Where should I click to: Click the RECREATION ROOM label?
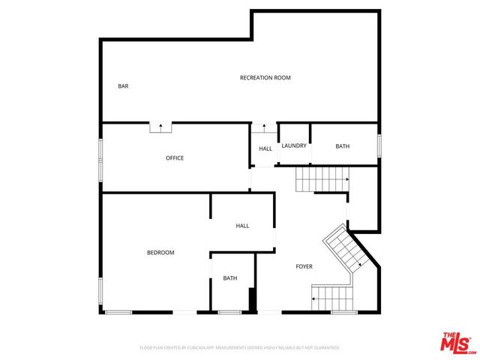click(x=265, y=78)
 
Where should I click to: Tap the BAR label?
click(x=123, y=86)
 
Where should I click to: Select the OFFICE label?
click(x=175, y=158)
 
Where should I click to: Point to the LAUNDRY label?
click(x=294, y=145)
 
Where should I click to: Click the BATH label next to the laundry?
click(x=342, y=146)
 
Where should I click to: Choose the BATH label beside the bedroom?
click(x=229, y=278)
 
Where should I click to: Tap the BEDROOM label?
click(x=160, y=253)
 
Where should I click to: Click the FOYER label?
click(x=304, y=266)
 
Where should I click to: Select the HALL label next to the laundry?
click(x=265, y=148)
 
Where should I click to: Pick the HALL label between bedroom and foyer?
click(x=242, y=226)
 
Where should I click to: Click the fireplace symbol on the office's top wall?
click(x=160, y=127)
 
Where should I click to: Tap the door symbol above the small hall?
click(x=263, y=127)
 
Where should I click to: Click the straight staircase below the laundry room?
click(x=322, y=180)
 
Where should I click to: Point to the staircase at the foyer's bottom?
click(x=331, y=298)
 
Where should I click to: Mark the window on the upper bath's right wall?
click(x=379, y=145)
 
